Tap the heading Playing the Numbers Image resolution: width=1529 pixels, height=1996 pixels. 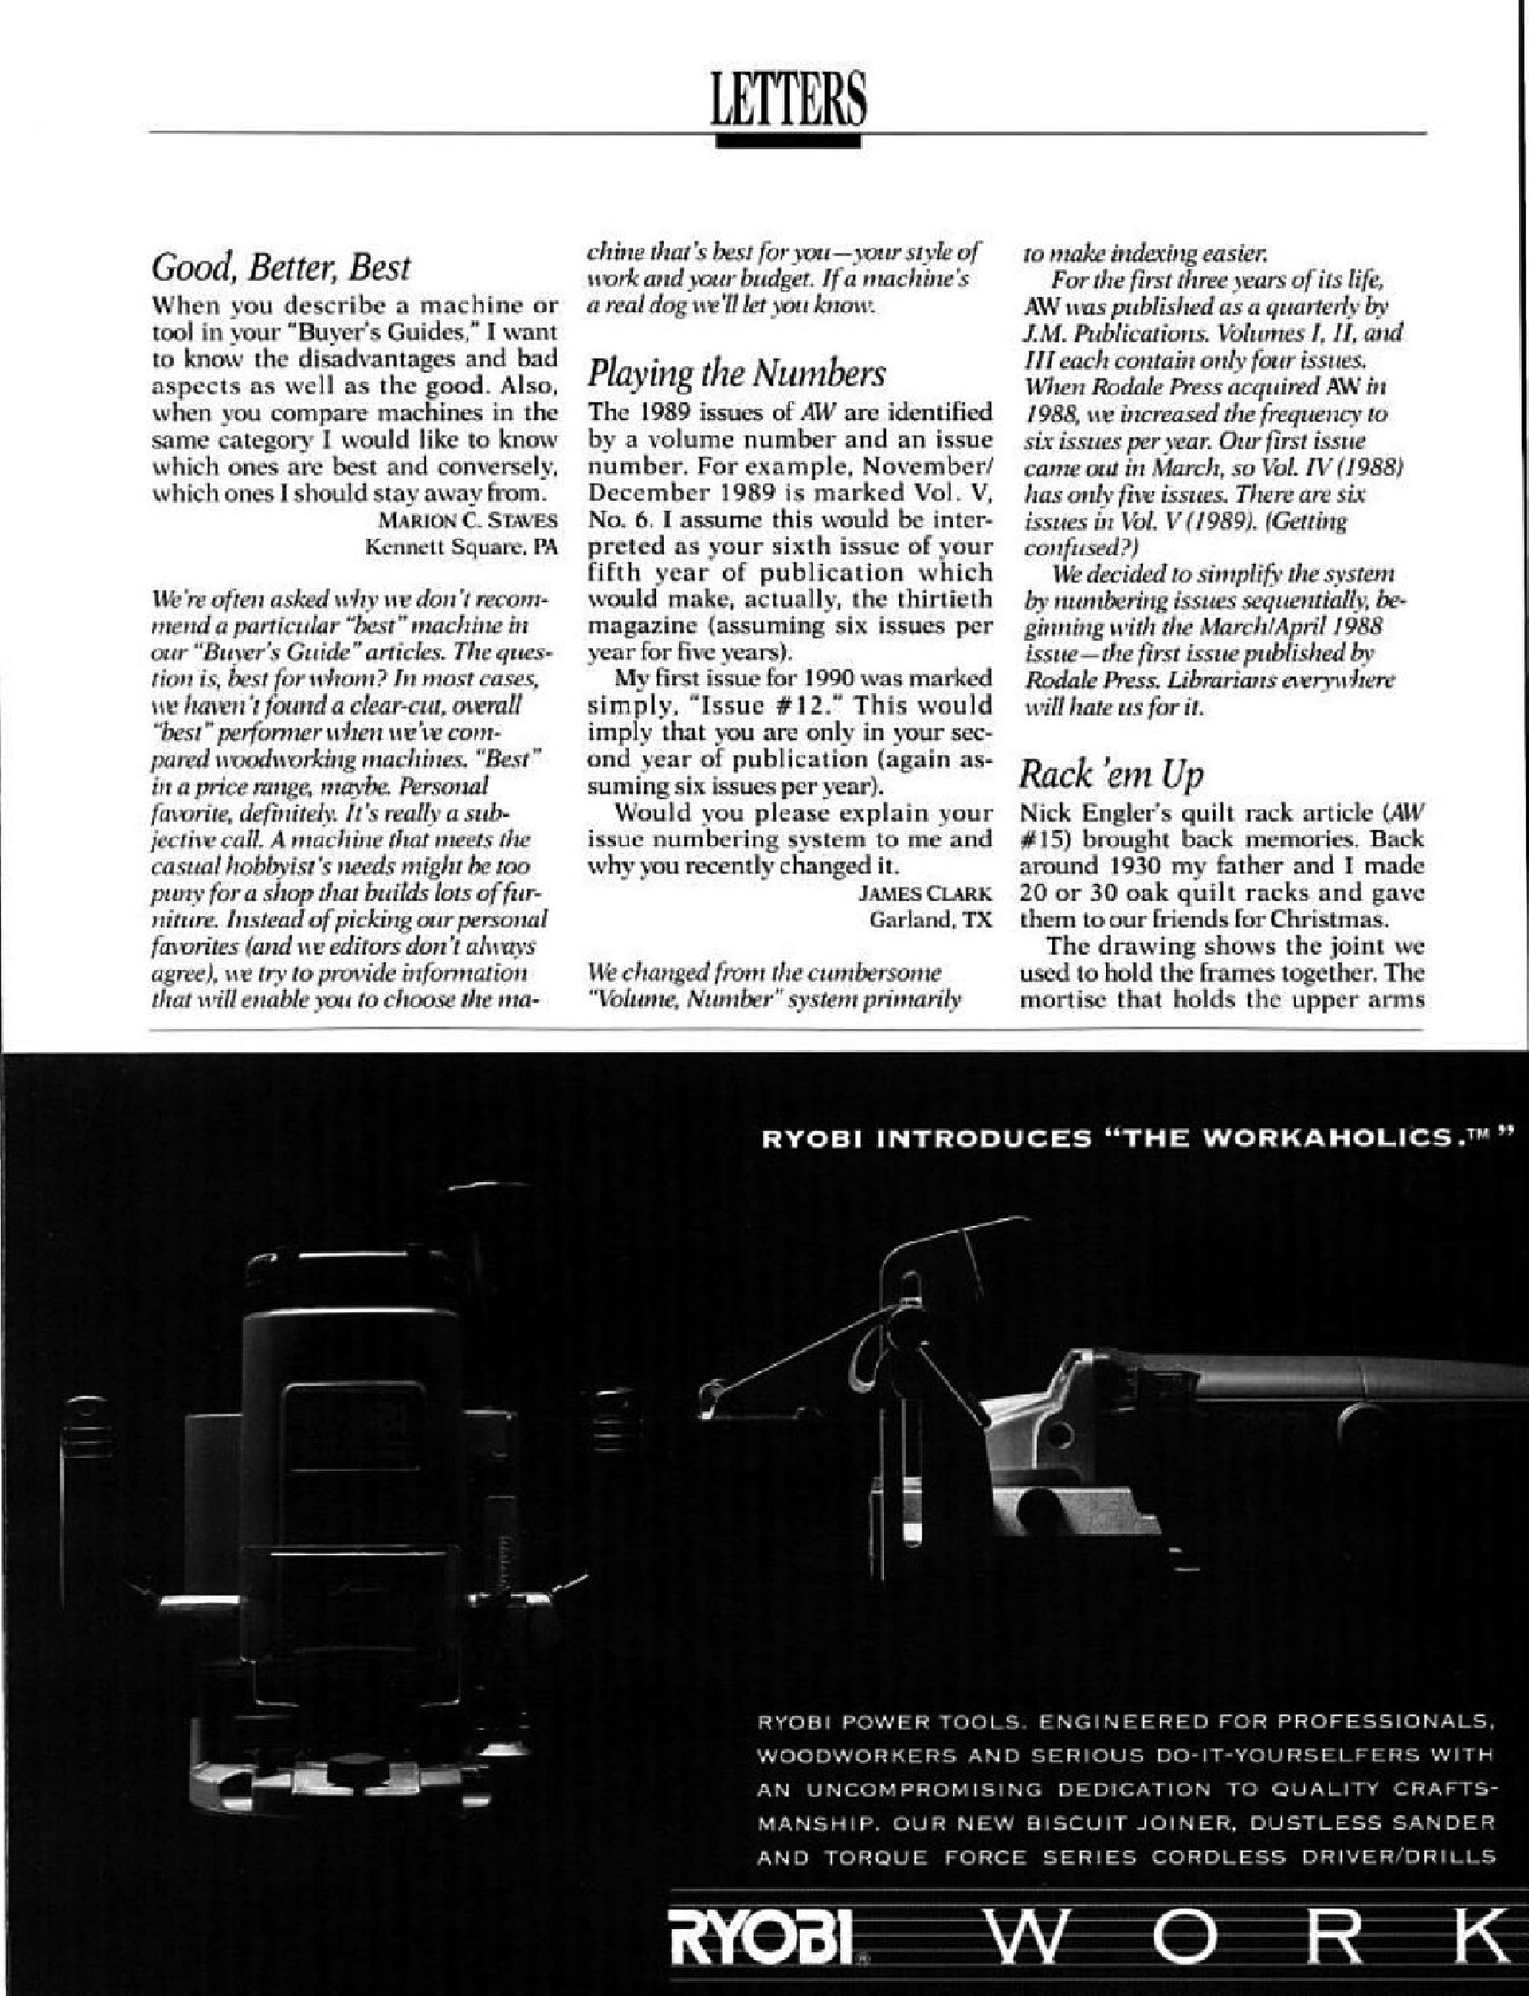[x=736, y=373]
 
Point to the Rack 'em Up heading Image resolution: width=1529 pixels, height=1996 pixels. [x=1111, y=775]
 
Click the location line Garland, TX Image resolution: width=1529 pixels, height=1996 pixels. [x=930, y=919]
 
